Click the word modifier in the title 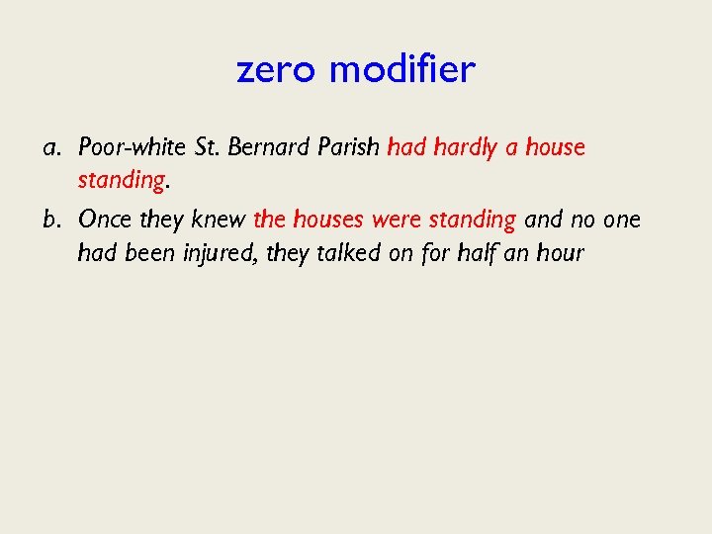[401, 69]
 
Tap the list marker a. [51, 148]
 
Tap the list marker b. [51, 219]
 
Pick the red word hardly [463, 148]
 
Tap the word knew [220, 219]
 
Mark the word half [477, 252]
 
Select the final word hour [561, 252]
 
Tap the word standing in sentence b [472, 220]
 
